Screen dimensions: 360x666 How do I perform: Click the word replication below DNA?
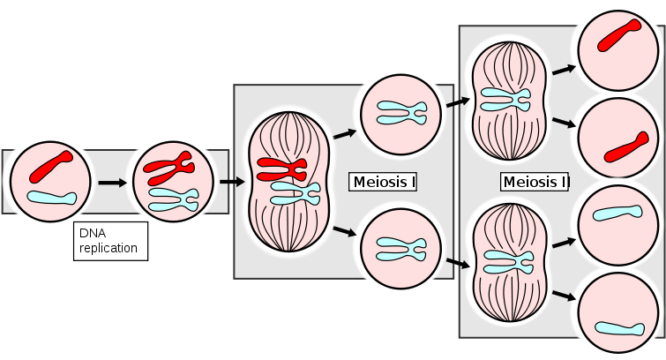[109, 248]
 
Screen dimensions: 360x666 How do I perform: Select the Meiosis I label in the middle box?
[384, 183]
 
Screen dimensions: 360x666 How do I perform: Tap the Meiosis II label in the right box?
[535, 183]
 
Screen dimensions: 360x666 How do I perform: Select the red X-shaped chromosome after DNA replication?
[169, 164]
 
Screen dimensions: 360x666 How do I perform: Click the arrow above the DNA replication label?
[111, 184]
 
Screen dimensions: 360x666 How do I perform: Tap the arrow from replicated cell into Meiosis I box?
[232, 183]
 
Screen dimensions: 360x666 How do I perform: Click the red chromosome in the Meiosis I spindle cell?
[281, 167]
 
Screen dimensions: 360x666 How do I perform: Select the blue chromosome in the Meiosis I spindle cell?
[295, 192]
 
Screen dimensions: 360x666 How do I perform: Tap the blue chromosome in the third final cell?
[617, 213]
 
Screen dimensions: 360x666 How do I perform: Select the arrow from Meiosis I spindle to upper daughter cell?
[343, 133]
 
